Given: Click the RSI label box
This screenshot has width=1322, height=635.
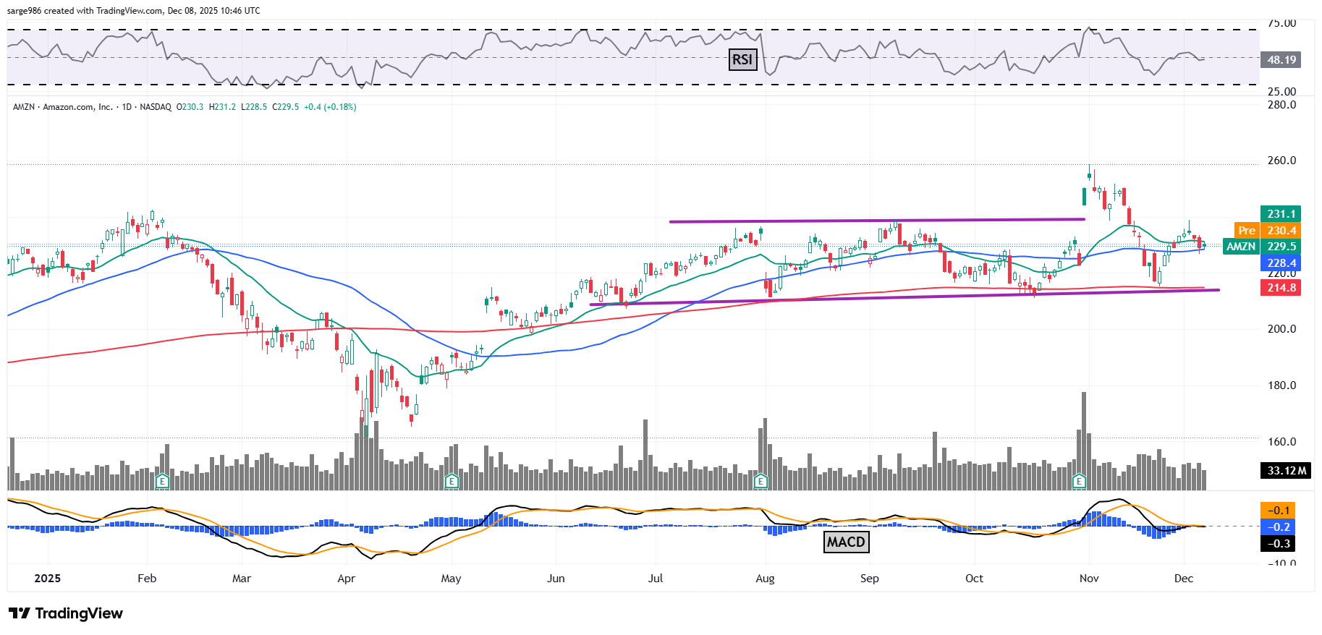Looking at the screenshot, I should [742, 59].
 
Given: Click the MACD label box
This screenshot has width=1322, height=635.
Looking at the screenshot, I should [846, 542].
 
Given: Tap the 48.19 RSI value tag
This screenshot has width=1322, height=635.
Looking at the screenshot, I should [1281, 59].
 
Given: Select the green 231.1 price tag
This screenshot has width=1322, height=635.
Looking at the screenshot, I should [1281, 213].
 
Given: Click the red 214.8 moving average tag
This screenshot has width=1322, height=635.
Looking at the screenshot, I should [1281, 287].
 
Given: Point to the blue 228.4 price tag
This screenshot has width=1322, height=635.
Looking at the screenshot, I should [1281, 263].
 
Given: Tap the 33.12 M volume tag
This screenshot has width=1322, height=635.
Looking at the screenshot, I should [1286, 470].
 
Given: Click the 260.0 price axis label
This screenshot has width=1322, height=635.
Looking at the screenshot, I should [1281, 161].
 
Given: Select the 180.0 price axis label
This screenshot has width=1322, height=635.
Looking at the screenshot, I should [1281, 385].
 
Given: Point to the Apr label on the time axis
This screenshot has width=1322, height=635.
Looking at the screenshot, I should [347, 579].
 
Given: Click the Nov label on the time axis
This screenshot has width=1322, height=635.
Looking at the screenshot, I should [1089, 579].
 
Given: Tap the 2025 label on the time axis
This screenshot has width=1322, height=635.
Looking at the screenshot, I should [48, 579].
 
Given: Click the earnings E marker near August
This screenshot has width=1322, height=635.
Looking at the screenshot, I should [760, 481].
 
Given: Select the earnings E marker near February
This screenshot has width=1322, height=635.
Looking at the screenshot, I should [162, 481].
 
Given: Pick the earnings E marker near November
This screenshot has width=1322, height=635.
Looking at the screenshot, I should [1079, 481].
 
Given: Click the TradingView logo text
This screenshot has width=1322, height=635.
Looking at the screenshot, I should [79, 613].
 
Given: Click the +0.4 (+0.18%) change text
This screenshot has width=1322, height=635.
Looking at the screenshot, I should [330, 107].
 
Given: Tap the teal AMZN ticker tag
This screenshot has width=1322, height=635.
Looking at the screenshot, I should [1241, 247].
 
